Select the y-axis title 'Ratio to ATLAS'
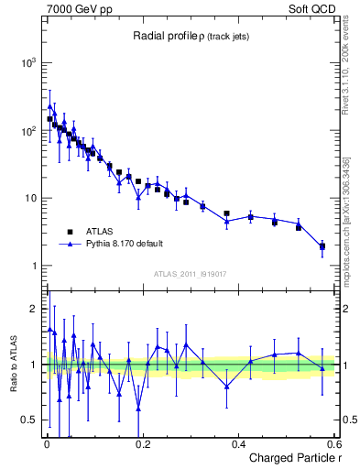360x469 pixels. point(12,364)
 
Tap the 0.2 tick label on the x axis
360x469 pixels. point(142,444)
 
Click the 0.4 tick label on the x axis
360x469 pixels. point(238,444)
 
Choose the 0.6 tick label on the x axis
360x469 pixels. point(333,444)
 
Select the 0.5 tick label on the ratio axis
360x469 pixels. point(30,420)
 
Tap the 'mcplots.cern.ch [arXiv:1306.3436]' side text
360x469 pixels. point(346,206)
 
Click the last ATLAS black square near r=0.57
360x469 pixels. point(322,246)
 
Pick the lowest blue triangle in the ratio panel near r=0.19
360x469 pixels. point(138,409)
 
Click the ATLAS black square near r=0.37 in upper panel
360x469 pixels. point(226,213)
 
